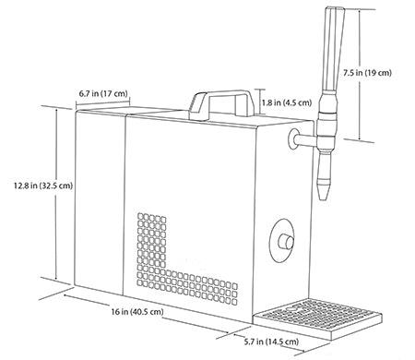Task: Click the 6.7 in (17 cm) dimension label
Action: tap(104, 94)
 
